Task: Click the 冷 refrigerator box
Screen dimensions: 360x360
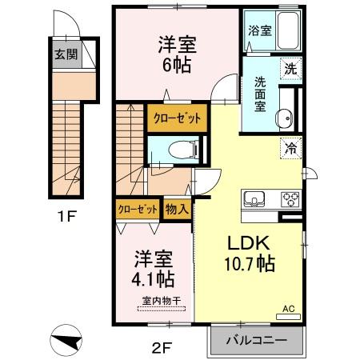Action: (290, 146)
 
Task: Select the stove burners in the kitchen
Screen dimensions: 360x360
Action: (288, 199)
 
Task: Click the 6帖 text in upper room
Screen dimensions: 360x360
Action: (177, 66)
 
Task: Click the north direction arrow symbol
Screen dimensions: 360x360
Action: (66, 340)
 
